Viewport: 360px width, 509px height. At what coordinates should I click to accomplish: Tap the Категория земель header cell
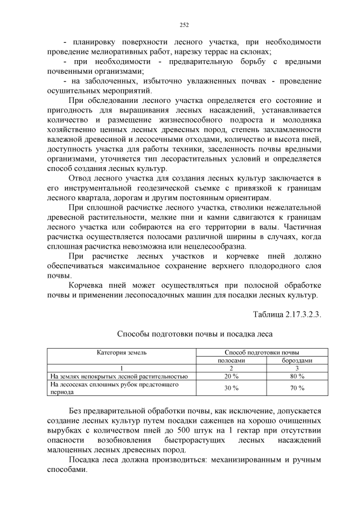point(121,352)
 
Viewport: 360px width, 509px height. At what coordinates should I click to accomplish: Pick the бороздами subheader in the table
point(298,360)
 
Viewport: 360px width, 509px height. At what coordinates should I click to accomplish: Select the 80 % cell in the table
point(298,376)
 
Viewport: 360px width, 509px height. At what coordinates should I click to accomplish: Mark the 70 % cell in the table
point(298,388)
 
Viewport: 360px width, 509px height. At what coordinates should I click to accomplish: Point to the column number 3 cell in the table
point(298,368)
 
